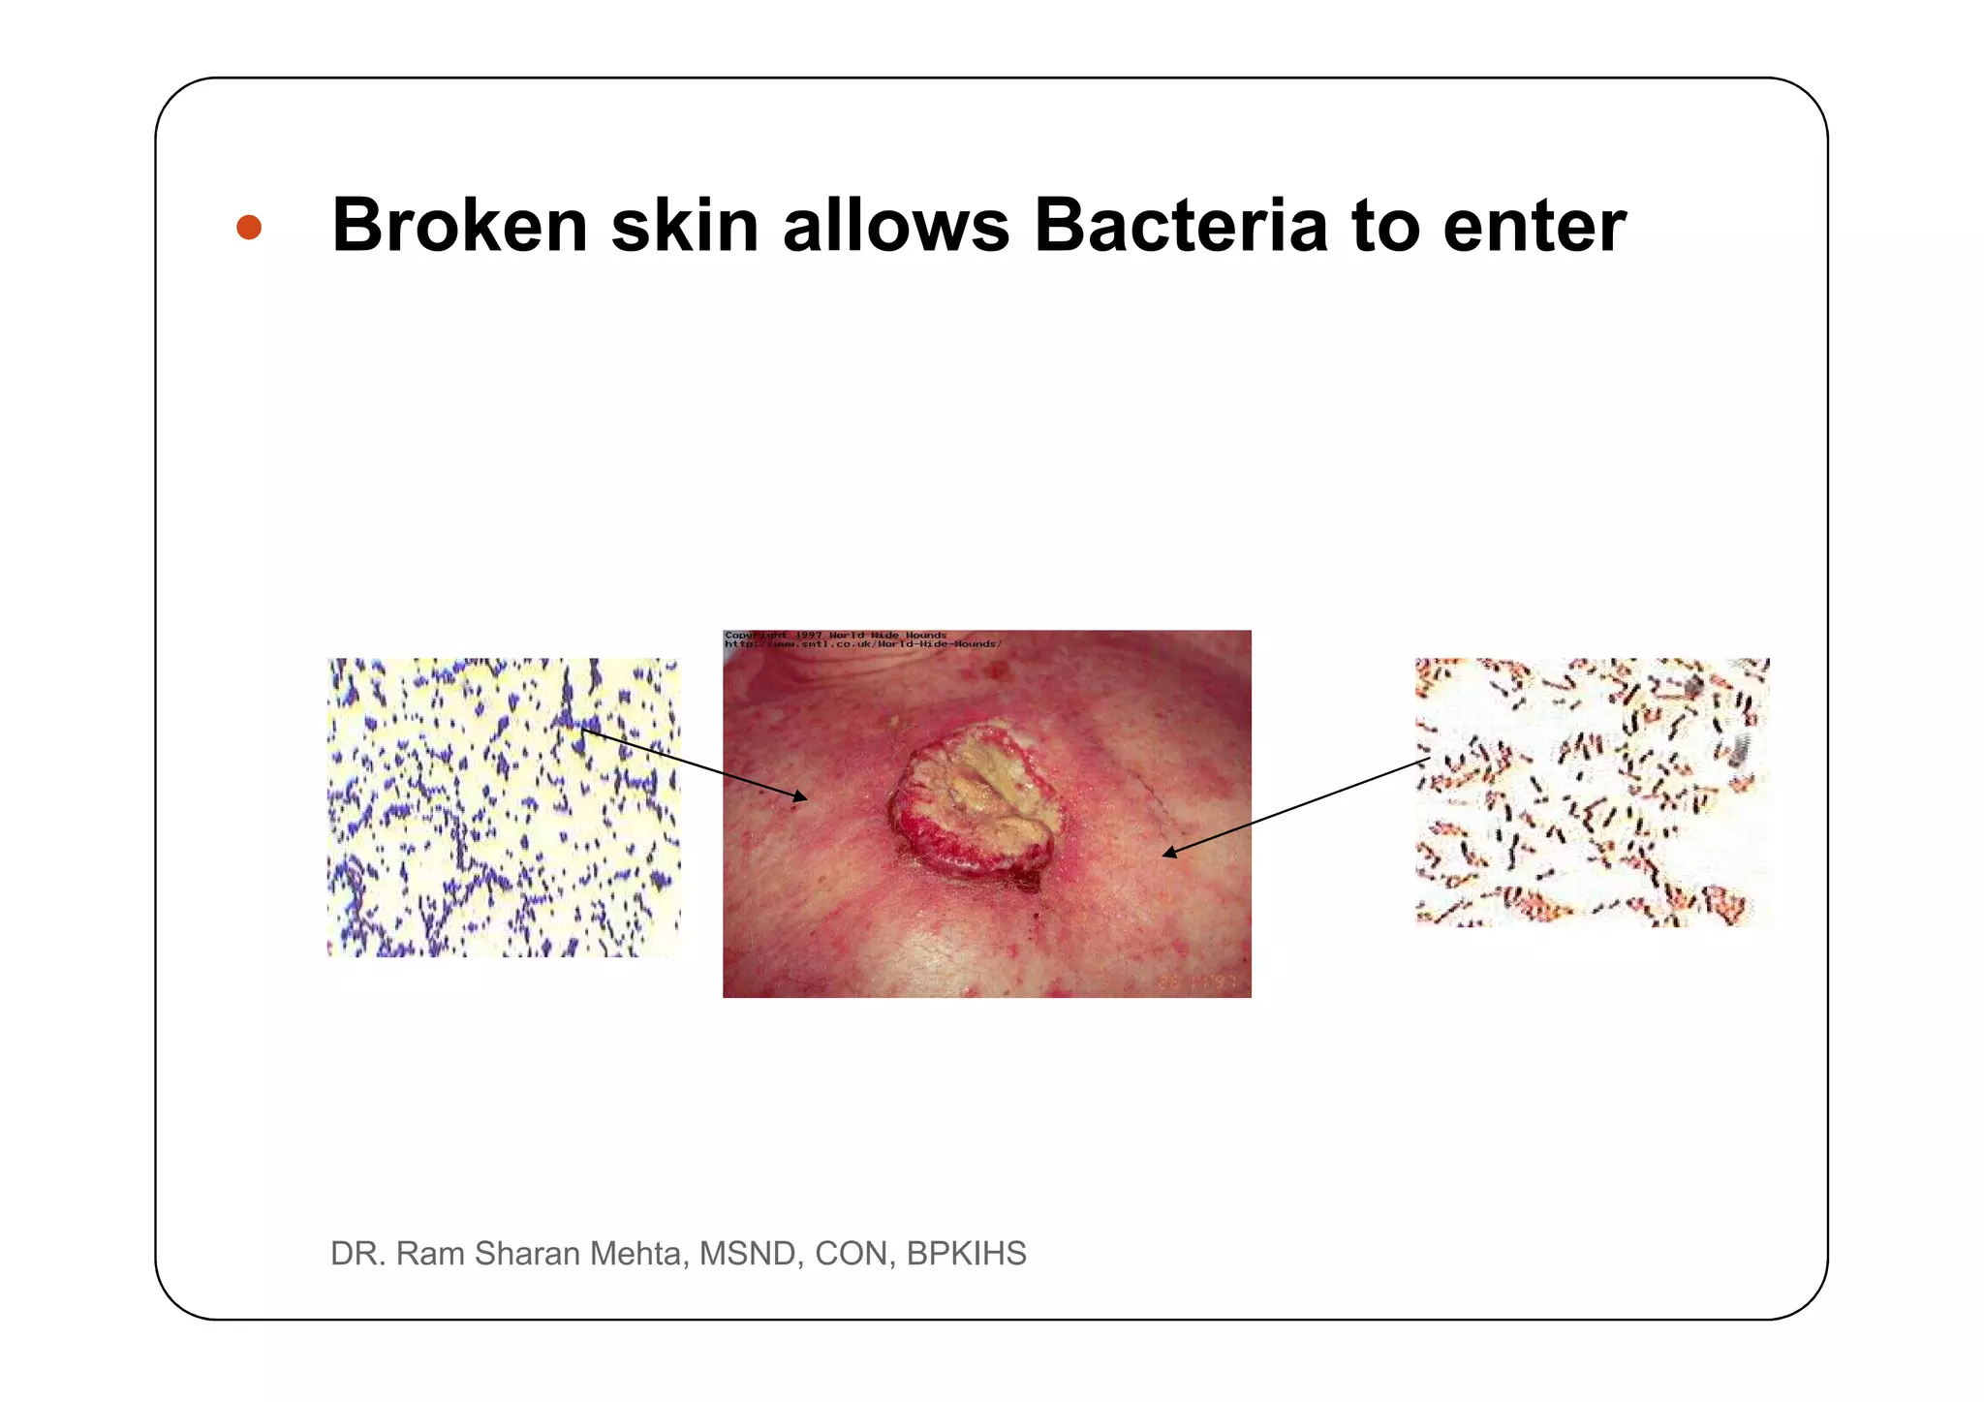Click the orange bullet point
click(x=249, y=227)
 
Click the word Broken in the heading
click(x=460, y=226)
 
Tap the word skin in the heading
click(x=684, y=226)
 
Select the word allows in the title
click(x=896, y=226)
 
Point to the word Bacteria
click(x=1180, y=226)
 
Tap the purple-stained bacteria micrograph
click(x=504, y=807)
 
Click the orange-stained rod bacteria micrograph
click(x=1592, y=792)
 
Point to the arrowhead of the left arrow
click(x=800, y=797)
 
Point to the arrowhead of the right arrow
click(x=1169, y=853)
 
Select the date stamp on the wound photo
click(x=1197, y=981)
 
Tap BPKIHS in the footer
click(x=966, y=1253)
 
